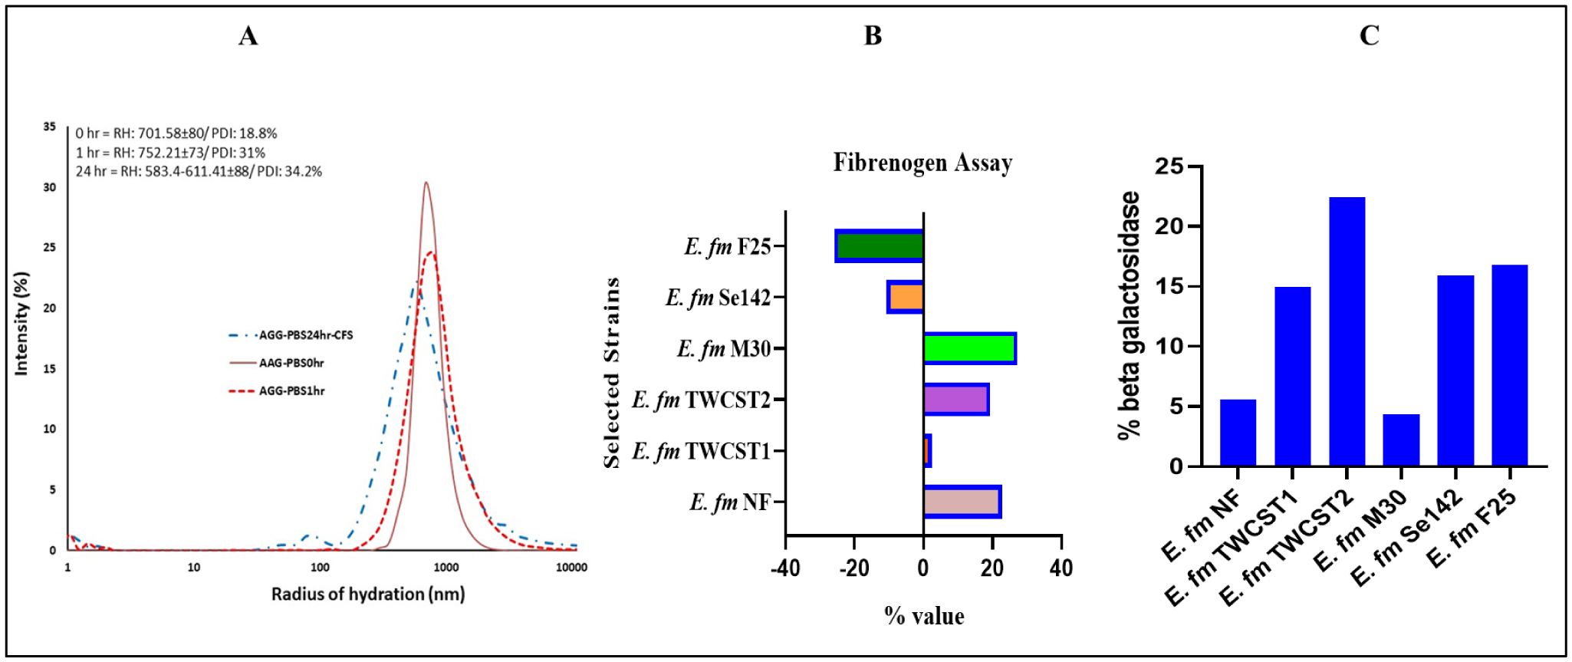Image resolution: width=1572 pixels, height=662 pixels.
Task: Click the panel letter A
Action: (x=248, y=35)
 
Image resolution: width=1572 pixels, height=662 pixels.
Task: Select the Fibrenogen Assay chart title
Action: (x=922, y=163)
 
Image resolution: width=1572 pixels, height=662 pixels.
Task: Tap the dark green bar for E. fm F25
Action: (x=880, y=246)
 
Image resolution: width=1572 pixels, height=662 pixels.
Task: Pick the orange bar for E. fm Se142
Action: (x=906, y=297)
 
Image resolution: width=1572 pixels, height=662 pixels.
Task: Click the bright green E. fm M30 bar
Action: (x=969, y=348)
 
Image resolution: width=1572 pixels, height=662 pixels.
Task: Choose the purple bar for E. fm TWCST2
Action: (x=955, y=400)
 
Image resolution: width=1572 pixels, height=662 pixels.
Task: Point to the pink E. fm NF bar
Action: (x=962, y=502)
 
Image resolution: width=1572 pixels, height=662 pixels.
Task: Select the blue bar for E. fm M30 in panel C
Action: (x=1401, y=440)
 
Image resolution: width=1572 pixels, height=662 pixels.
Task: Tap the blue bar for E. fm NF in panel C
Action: (x=1238, y=433)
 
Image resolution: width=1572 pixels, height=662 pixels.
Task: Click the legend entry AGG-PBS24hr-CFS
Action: (x=305, y=335)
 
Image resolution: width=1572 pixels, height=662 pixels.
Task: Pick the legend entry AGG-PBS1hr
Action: (x=291, y=391)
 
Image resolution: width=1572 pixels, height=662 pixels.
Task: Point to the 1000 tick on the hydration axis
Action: (x=446, y=568)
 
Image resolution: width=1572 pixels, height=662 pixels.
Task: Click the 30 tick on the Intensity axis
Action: (x=50, y=187)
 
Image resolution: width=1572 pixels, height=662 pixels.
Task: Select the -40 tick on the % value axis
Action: (x=785, y=568)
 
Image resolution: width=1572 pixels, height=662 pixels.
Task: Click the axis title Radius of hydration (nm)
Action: (x=368, y=594)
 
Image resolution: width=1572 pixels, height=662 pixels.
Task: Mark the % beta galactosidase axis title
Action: (x=1129, y=315)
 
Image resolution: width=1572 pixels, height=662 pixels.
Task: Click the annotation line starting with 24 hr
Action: (x=199, y=171)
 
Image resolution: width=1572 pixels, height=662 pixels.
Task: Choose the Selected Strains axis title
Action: (x=611, y=373)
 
